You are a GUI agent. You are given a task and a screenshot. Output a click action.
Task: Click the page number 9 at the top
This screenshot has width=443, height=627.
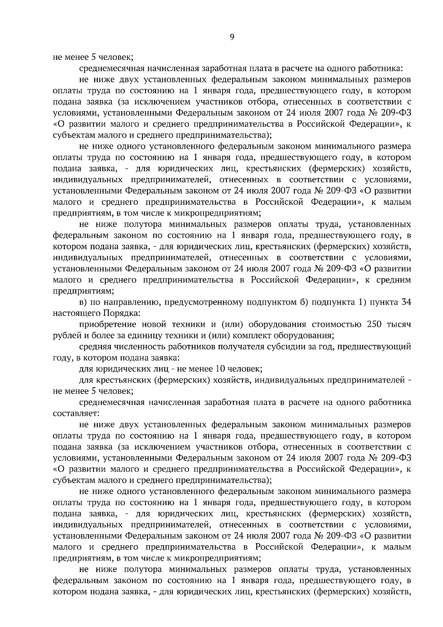coord(232,36)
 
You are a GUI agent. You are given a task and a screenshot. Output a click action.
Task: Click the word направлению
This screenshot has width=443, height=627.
coord(131,302)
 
